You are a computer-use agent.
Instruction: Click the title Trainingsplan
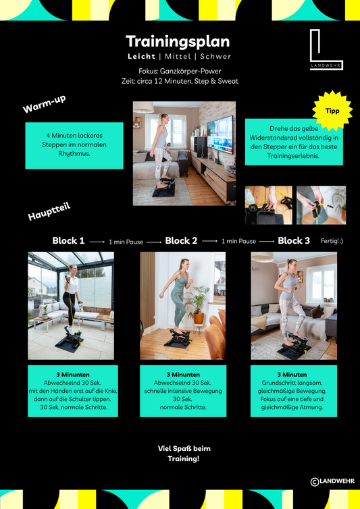click(x=178, y=42)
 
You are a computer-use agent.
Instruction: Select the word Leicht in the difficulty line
click(x=141, y=57)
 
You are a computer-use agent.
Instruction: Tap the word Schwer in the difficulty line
click(x=215, y=57)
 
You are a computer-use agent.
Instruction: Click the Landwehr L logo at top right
click(x=326, y=49)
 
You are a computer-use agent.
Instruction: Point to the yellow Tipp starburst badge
click(x=332, y=111)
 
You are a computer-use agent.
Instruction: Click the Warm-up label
click(x=44, y=104)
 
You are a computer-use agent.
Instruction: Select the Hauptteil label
click(x=49, y=212)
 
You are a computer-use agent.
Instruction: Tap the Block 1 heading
click(x=68, y=241)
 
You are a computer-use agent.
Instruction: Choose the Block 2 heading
click(x=181, y=241)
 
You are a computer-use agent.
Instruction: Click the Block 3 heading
click(x=294, y=241)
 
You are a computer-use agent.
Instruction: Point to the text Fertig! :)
click(x=332, y=241)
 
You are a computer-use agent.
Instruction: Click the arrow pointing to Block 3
click(x=267, y=242)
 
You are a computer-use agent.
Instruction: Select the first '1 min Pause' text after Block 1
click(x=126, y=242)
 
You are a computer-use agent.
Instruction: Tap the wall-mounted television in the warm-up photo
click(x=220, y=134)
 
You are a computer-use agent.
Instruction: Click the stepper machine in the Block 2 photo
click(x=177, y=338)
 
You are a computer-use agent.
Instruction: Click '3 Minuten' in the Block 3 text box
click(x=292, y=375)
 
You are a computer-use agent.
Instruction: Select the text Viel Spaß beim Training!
click(x=184, y=454)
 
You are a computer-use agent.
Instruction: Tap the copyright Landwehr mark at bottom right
click(x=332, y=481)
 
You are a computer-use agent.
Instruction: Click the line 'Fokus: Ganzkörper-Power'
click(x=180, y=71)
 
